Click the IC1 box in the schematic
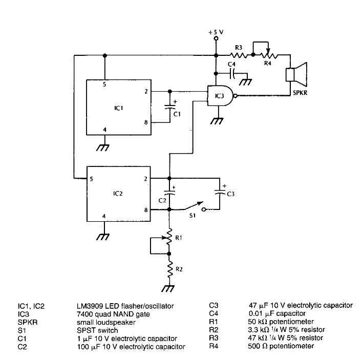click(x=118, y=108)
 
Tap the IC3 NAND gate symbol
click(x=220, y=96)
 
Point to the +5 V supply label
click(x=216, y=32)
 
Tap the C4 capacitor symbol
click(x=233, y=74)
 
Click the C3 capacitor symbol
click(x=220, y=193)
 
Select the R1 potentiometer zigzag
click(x=169, y=240)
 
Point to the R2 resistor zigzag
click(x=169, y=269)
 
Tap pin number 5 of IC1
click(x=104, y=84)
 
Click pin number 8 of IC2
click(x=146, y=209)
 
